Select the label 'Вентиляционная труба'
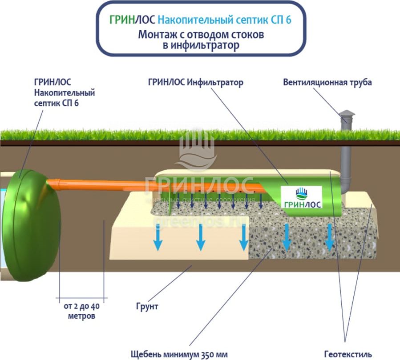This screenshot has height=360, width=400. (327, 83)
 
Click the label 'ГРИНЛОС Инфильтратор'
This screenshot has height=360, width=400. (196, 83)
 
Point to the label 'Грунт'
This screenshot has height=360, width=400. (147, 307)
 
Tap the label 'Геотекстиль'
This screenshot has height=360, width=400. (347, 354)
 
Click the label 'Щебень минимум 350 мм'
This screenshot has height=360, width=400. (179, 354)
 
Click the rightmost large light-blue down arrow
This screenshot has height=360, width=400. (329, 238)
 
